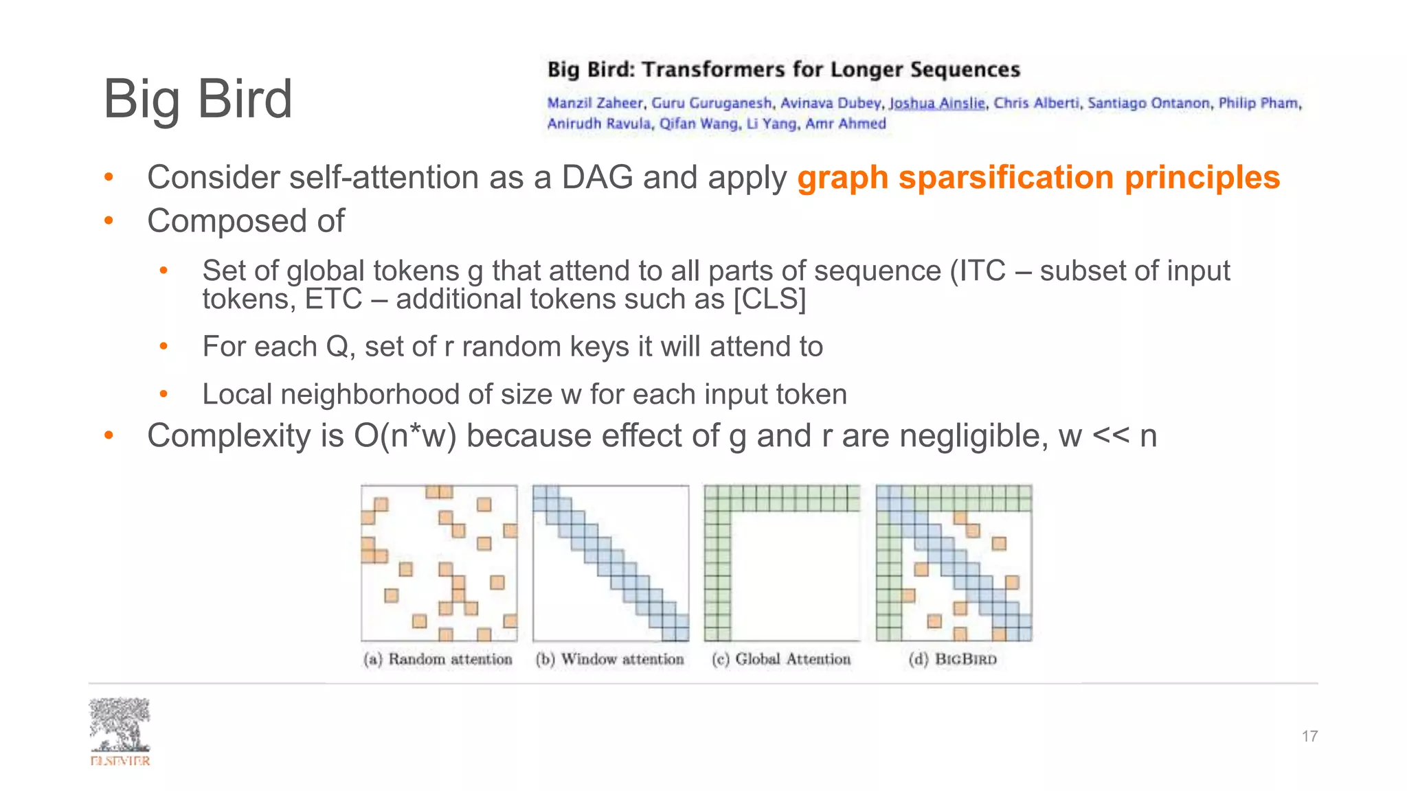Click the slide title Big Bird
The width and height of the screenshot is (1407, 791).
198,99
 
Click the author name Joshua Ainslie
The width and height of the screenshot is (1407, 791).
937,103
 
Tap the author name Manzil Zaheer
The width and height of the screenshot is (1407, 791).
595,103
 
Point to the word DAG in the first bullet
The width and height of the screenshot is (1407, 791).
597,177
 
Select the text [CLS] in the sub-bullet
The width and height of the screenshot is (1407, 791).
769,299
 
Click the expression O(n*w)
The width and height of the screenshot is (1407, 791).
405,436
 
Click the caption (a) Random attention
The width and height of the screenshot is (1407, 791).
438,659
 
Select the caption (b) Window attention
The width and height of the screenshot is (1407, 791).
610,659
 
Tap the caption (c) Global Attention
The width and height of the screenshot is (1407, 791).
782,659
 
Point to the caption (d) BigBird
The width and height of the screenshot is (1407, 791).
952,659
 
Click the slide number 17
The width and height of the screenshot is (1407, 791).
1309,736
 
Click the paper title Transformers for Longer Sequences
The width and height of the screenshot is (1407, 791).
831,69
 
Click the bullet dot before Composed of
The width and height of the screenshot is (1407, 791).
108,221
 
